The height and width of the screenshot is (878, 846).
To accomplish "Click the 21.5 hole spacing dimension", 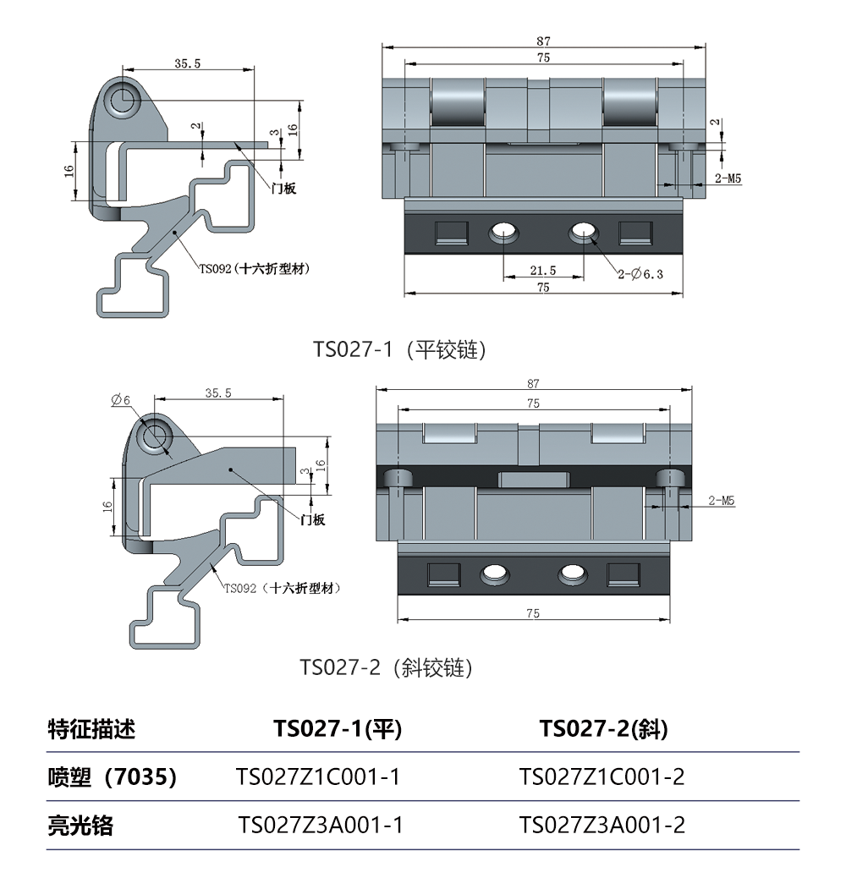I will (x=542, y=271).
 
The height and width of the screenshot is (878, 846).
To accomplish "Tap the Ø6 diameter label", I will (x=120, y=400).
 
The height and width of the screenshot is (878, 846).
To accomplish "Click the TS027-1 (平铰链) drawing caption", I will (x=399, y=349).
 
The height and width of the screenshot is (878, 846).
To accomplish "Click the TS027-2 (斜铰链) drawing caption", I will (x=386, y=667).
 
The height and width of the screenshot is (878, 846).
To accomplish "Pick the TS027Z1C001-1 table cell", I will (x=317, y=776).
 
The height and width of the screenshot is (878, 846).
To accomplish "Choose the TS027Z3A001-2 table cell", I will (x=602, y=825).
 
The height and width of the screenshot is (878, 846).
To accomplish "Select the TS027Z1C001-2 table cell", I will (x=602, y=776).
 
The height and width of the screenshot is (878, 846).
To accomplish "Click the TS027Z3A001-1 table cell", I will (x=321, y=825).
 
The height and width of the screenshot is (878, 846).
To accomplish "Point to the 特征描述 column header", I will (x=91, y=728).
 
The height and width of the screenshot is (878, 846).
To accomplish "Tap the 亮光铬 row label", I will (x=80, y=826).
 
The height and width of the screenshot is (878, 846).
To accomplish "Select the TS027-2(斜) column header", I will (x=603, y=728).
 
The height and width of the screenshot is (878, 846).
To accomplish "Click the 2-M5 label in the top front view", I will (x=728, y=178).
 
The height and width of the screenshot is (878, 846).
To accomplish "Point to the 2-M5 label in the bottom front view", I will (x=721, y=501).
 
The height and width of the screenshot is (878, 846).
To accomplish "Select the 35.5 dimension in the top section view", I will (x=187, y=63).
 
